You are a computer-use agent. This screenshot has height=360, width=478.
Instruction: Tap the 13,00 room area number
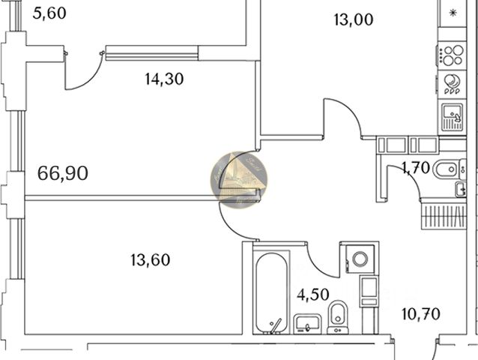point(353,20)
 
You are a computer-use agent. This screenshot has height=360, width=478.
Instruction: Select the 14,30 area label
point(165,77)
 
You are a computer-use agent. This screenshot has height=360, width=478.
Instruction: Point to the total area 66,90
point(63,174)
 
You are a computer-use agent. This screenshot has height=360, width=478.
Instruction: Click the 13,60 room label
point(150,260)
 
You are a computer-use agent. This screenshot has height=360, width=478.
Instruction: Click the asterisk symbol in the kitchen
point(453,13)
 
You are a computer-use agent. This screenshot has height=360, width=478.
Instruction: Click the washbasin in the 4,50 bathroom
point(306,323)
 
